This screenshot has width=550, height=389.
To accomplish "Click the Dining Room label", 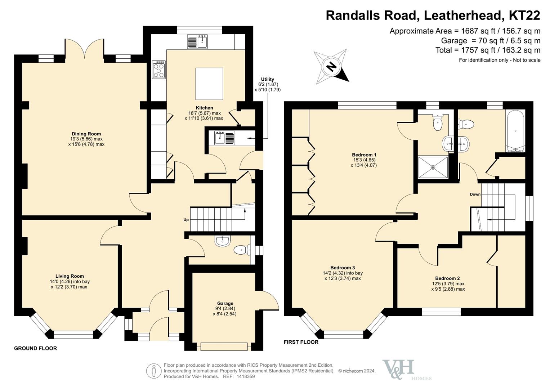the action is point(86,134).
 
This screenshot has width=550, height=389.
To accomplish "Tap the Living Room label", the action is point(70,276).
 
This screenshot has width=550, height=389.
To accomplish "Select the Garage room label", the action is point(225,303).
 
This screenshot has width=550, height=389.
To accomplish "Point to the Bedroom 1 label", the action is point(364,155).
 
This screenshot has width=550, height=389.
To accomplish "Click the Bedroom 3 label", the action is point(343,268).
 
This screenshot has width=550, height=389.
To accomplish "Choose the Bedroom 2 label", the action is point(447,278).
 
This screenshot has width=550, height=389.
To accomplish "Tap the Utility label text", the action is point(267,79).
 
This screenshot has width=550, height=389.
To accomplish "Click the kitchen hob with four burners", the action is point(158,70).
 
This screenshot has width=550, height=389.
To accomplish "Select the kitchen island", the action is point(209,84).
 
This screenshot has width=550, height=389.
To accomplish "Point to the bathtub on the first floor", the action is point(515,131).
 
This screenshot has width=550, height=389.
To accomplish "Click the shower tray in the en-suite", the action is point(433,167).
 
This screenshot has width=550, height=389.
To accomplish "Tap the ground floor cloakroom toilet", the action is point(242,250).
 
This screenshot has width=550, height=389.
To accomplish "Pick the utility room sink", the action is point(225,138).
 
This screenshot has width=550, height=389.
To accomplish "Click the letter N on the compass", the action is point(331,66).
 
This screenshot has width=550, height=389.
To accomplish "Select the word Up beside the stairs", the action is point(186,220).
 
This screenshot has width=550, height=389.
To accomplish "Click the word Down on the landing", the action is point(475,194).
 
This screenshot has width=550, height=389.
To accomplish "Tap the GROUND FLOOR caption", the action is point(35,348).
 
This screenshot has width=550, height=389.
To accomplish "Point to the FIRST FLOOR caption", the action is point(301,342).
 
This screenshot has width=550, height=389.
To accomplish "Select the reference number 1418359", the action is point(246,376).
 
